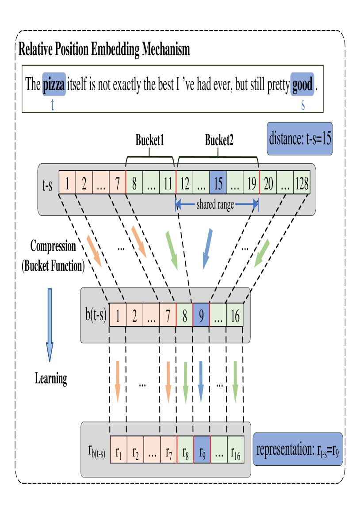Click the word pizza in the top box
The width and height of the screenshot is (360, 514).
[54, 84]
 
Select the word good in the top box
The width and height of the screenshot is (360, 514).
[302, 84]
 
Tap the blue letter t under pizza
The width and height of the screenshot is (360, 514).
[53, 105]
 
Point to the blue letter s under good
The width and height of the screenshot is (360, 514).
[303, 105]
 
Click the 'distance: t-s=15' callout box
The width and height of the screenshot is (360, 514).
[300, 139]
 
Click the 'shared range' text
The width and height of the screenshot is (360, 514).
[215, 205]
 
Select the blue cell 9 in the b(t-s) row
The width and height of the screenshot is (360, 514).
[201, 316]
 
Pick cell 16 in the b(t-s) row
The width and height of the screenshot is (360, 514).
[235, 316]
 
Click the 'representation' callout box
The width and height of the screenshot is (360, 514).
[298, 449]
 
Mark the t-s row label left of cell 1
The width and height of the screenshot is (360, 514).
[47, 185]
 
